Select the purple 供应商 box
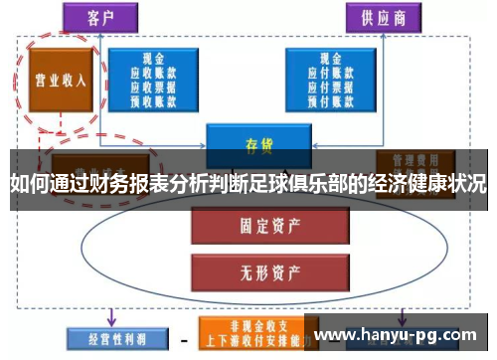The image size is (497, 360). [381, 17]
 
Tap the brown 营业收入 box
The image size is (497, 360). [61, 81]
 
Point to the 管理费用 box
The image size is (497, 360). [414, 159]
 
